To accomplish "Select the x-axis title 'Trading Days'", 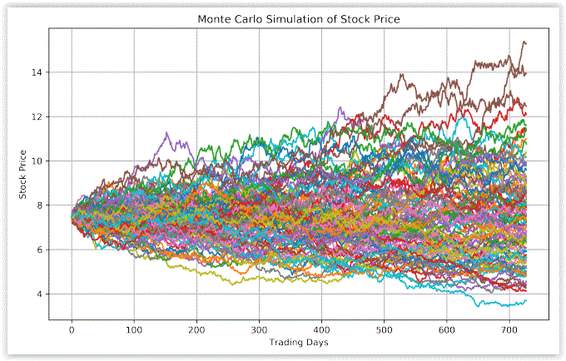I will pyautogui.click(x=299, y=342).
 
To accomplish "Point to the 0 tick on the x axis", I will pyautogui.click(x=72, y=329).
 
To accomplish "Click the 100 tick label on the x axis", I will pyautogui.click(x=134, y=329).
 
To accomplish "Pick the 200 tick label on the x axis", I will pyautogui.click(x=196, y=329).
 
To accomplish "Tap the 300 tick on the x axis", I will pyautogui.click(x=259, y=329).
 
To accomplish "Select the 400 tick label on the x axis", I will pyautogui.click(x=321, y=329).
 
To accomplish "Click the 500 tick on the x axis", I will pyautogui.click(x=384, y=329).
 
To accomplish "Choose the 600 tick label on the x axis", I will pyautogui.click(x=446, y=329).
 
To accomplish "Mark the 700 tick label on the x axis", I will pyautogui.click(x=509, y=329).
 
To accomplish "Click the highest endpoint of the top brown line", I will pyautogui.click(x=524, y=42).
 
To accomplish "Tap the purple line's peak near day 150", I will pyautogui.click(x=167, y=132).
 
